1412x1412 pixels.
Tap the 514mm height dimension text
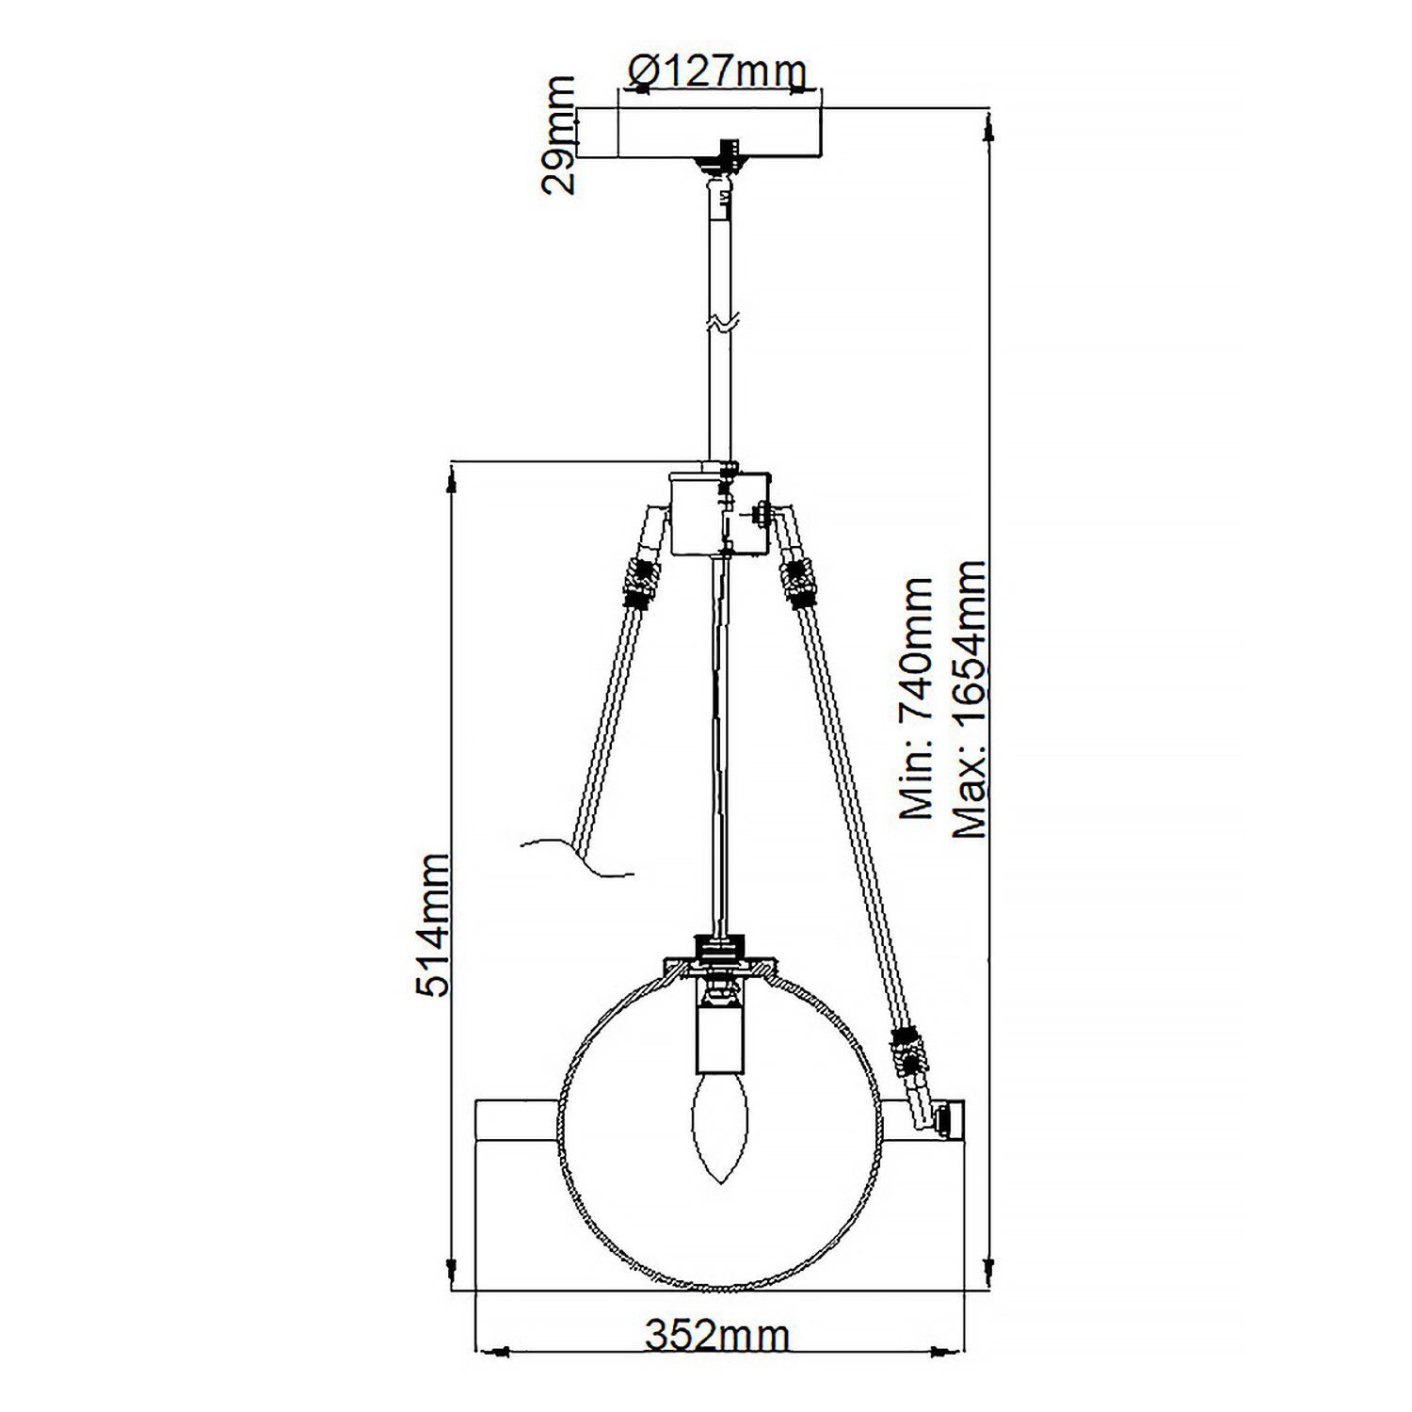point(434,924)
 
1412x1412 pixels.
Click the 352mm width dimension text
point(717,1336)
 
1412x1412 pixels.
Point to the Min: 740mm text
point(917,698)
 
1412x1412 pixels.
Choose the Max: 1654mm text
point(970,698)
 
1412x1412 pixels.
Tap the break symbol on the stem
point(720,323)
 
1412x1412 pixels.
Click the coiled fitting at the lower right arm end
point(909,1052)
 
